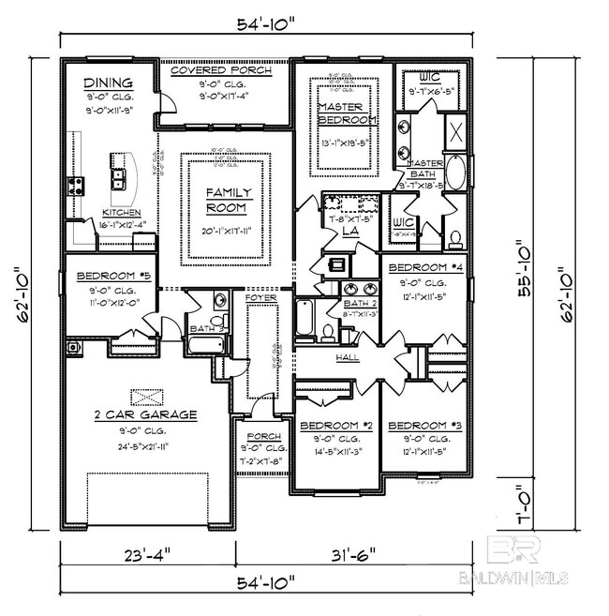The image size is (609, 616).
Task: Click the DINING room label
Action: [108, 83]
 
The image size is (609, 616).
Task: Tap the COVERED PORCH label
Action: [222, 70]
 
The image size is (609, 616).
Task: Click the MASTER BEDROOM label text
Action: [346, 113]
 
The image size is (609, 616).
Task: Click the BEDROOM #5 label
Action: [108, 277]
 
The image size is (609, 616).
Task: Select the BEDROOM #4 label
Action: [425, 267]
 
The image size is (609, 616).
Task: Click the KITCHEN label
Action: [122, 213]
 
